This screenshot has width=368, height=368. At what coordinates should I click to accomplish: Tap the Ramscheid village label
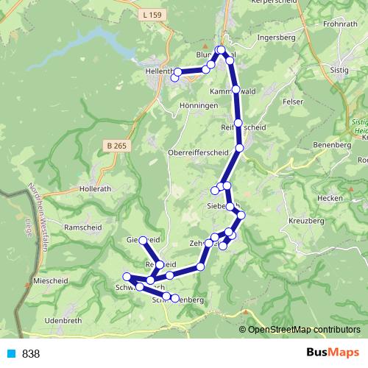point(82,228)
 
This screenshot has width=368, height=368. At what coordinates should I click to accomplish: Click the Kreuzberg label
point(307,221)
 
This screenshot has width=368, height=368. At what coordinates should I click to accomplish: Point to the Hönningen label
point(198,106)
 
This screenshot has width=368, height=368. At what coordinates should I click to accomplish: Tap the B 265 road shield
point(116,146)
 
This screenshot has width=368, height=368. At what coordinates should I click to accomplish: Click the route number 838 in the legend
point(31,354)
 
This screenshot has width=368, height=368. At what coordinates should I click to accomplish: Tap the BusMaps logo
point(334,353)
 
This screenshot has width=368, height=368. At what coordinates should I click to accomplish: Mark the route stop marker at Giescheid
point(143,241)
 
